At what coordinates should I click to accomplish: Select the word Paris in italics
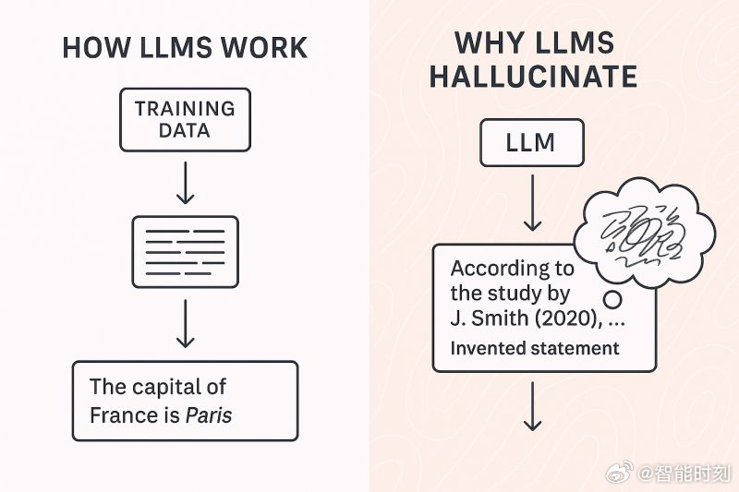(209, 415)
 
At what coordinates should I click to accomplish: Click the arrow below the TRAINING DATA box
(186, 183)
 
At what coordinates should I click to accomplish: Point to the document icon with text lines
(186, 252)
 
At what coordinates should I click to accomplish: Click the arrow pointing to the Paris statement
(186, 323)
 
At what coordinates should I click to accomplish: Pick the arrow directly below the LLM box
(533, 202)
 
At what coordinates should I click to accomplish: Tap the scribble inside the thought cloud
(643, 234)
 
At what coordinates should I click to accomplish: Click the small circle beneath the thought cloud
(612, 300)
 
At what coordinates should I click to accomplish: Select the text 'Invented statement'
(535, 348)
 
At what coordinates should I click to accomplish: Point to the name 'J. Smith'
(490, 318)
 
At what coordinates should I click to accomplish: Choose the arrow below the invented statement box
(533, 406)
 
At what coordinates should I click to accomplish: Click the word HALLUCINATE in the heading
(534, 77)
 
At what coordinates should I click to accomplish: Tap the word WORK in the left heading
(264, 48)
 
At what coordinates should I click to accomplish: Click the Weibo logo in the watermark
(620, 472)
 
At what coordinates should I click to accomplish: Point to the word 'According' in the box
(498, 269)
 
